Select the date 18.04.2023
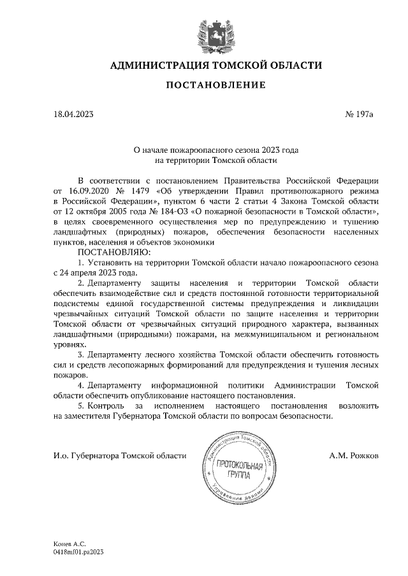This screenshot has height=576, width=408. point(74,115)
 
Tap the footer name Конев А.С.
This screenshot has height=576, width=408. point(69,545)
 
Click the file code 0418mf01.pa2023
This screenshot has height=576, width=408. point(78,553)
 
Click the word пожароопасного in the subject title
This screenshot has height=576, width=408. point(192,151)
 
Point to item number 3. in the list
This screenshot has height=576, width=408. point(81,355)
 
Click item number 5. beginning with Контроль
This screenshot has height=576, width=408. point(81,405)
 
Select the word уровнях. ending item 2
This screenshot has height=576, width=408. point(69,344)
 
